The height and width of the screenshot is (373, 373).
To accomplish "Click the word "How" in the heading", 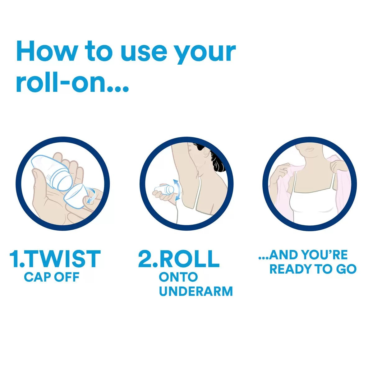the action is point(46,51).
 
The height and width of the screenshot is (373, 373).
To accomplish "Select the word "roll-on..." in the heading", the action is point(73,82).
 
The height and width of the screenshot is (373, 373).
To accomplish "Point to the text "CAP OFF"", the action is point(52,277).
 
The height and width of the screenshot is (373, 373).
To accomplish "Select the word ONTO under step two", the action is point(178,277).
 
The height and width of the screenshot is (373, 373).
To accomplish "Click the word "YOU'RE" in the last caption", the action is point(325,255).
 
